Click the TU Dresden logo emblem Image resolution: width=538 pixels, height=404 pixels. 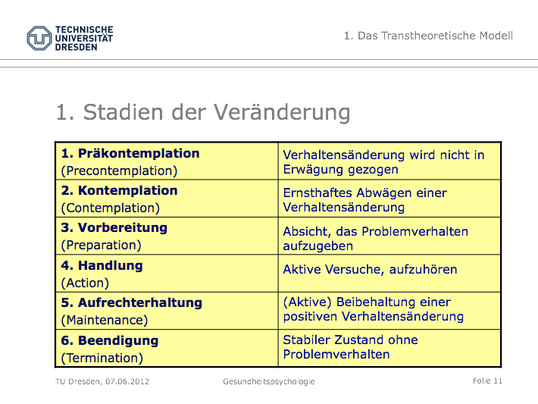click(39, 38)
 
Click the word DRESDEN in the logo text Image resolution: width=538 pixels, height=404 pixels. click(77, 47)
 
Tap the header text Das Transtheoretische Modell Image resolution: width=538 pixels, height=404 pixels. click(435, 36)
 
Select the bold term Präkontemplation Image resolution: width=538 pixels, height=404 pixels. click(139, 153)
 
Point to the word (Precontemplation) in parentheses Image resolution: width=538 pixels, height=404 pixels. click(119, 171)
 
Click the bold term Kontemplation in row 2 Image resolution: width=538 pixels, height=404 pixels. click(127, 190)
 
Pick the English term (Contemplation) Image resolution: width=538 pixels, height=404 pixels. click(110, 208)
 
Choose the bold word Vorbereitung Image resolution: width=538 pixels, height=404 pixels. click(123, 227)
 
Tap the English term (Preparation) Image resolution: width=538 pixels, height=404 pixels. click(101, 245)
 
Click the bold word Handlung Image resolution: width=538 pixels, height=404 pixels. click(110, 266)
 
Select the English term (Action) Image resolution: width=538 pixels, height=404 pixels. click(85, 283)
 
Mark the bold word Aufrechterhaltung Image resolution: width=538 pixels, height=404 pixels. click(140, 302)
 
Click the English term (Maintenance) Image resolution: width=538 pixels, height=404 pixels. click(105, 321)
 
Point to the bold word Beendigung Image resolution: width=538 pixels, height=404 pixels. click(118, 340)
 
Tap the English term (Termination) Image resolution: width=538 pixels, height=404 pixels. click(102, 358)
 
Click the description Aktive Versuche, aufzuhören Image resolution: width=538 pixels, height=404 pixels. click(370, 269)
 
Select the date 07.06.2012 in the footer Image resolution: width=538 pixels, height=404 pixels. click(127, 381)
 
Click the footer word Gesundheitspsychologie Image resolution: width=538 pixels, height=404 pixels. click(269, 382)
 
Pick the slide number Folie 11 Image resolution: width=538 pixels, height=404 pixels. click(487, 381)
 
